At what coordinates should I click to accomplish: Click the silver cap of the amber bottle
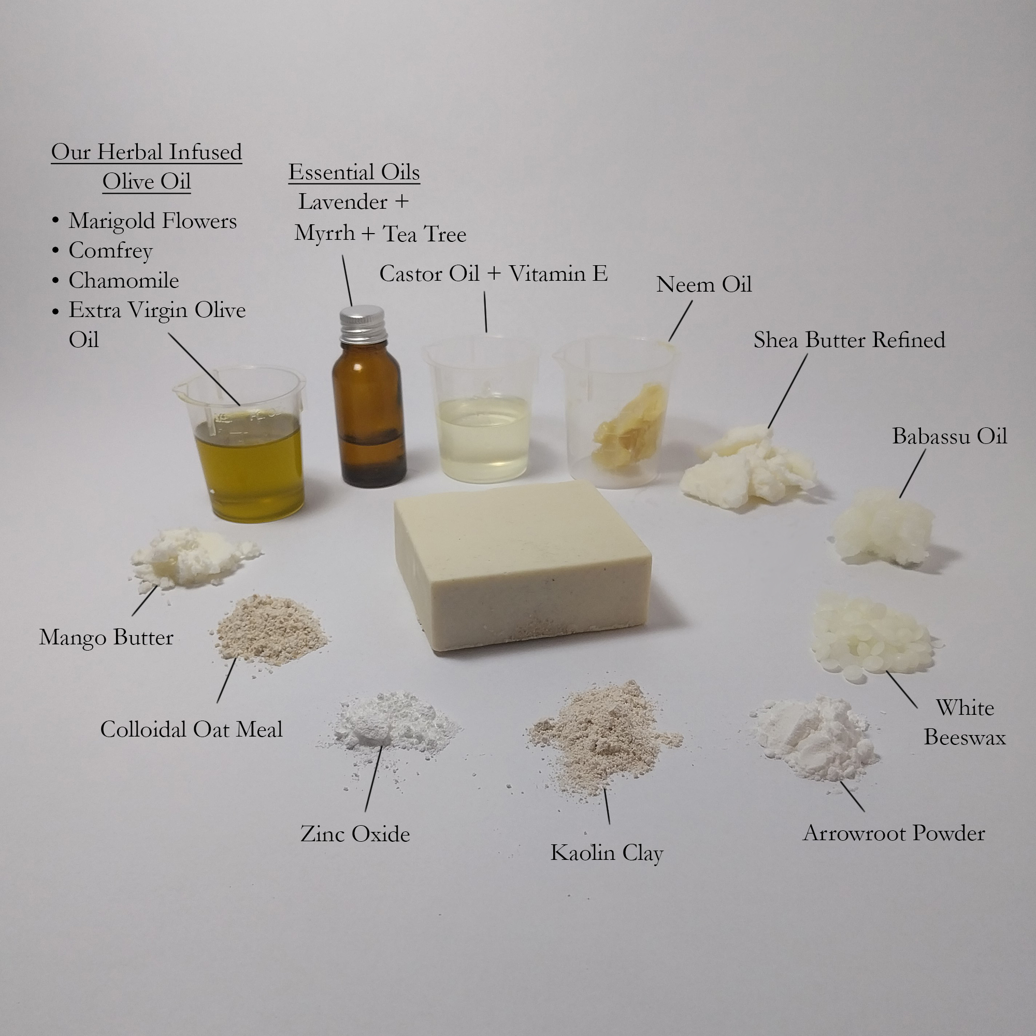[363, 324]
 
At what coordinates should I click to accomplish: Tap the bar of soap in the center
[523, 566]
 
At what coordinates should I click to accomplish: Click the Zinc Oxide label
[355, 834]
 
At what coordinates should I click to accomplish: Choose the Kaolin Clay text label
[607, 853]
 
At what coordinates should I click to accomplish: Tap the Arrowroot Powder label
[894, 833]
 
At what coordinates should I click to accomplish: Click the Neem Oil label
[704, 284]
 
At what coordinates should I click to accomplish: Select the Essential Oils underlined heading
[354, 172]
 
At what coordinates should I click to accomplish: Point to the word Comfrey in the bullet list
[110, 251]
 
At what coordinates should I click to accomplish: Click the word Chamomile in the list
[124, 280]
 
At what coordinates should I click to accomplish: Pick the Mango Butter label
[106, 638]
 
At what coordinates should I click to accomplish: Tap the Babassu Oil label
[949, 436]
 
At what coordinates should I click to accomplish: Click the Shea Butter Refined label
[850, 340]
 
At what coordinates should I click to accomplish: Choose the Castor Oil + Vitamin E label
[493, 274]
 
